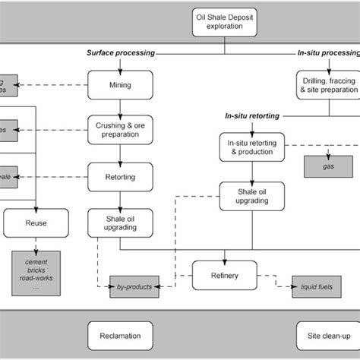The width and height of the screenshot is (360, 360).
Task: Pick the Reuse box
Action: [36, 223]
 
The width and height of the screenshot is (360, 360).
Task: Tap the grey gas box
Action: [327, 163]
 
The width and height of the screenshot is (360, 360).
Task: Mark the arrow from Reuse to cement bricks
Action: [36, 245]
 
